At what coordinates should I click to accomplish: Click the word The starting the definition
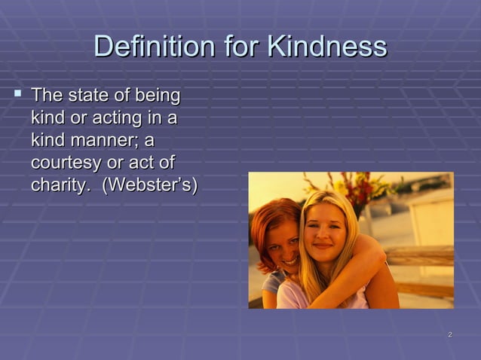pyautogui.click(x=46, y=96)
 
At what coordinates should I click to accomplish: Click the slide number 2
pyautogui.click(x=449, y=334)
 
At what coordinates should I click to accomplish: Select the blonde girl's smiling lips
pyautogui.click(x=323, y=246)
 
